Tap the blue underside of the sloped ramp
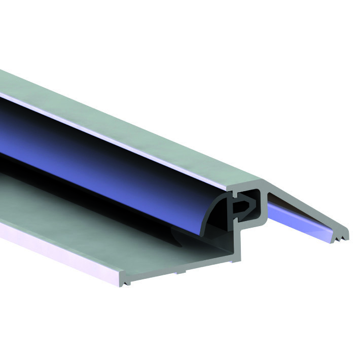tap(299, 215)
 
